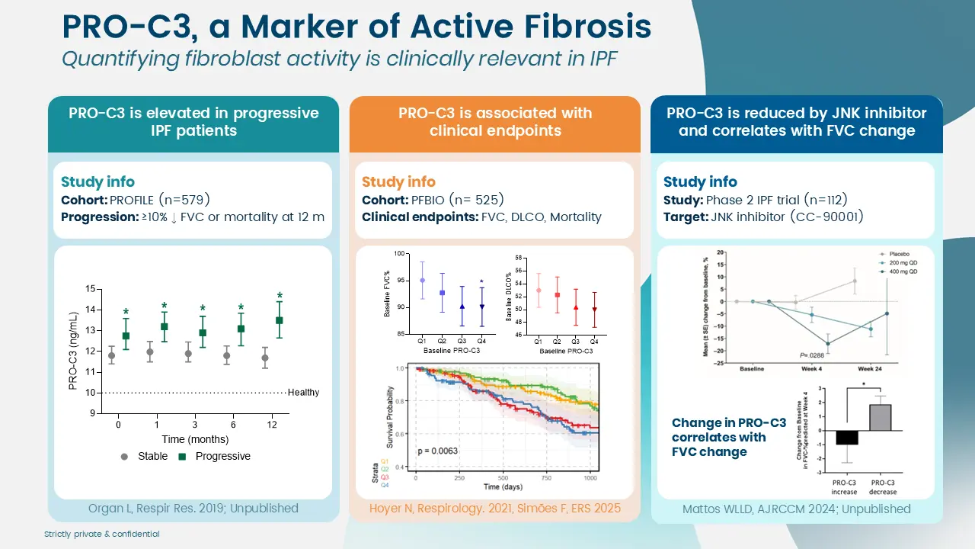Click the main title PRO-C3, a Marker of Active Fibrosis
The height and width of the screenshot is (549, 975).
pos(356,27)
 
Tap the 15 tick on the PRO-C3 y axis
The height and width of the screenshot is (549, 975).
pos(91,289)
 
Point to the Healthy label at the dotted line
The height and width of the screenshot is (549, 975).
pos(303,393)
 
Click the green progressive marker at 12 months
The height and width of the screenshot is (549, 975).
pos(280,320)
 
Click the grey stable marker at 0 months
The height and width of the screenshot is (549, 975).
pos(112,355)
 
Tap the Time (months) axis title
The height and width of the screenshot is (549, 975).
pos(195,439)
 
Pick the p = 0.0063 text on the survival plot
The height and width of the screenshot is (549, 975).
pos(437,451)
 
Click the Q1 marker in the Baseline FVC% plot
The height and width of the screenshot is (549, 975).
pos(422,281)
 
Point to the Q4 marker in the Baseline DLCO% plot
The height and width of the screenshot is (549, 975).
pos(594,310)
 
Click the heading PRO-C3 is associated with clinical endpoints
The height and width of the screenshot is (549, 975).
pos(494,122)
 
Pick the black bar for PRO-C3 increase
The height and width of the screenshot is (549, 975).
pos(846,438)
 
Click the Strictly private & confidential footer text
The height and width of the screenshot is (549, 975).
pos(102,535)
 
